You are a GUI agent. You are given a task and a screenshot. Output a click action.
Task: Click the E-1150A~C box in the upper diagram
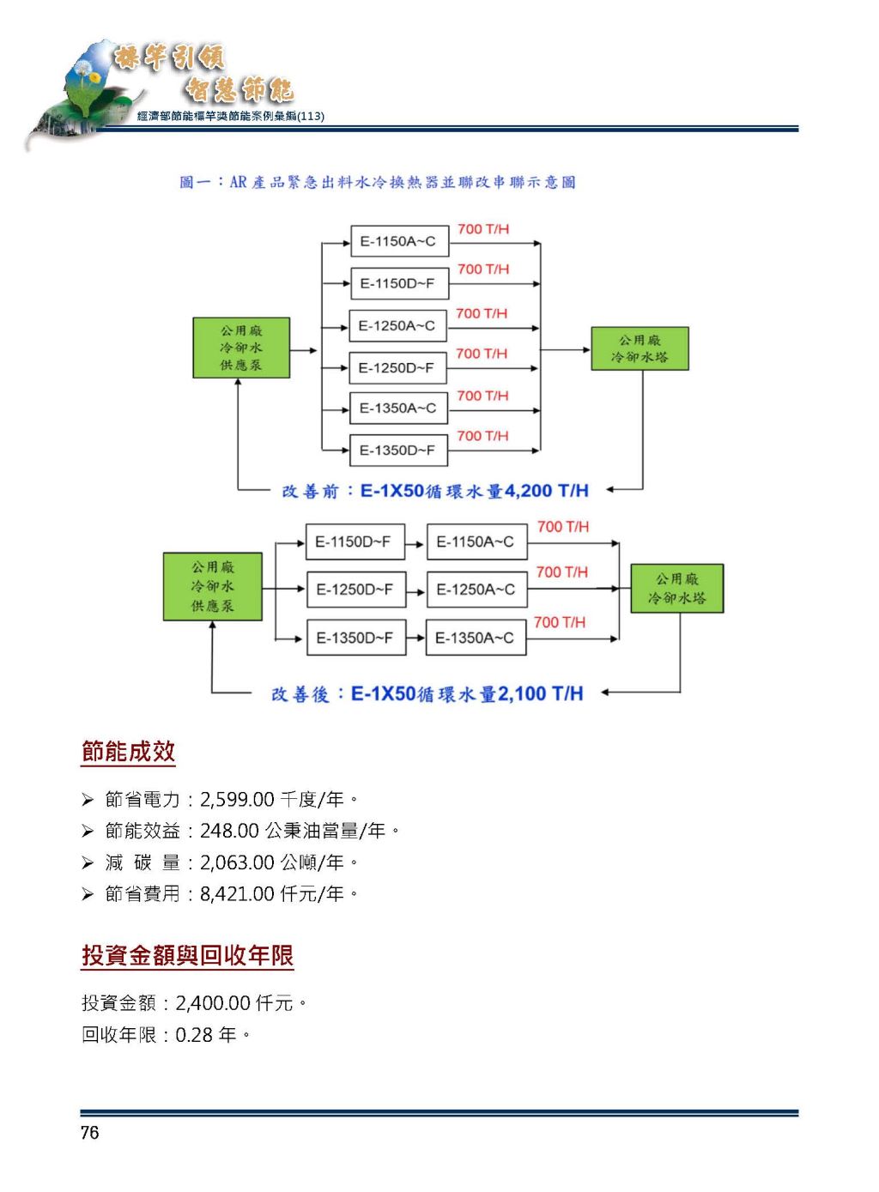pos(399,241)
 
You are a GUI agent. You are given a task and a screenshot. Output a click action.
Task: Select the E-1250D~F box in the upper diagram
pos(397,367)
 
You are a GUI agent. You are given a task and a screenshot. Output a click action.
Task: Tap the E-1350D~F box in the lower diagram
pos(356,637)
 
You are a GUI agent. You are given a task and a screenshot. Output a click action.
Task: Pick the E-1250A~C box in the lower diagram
pos(477,590)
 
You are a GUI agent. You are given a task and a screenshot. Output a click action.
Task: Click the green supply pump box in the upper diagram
pos(241,348)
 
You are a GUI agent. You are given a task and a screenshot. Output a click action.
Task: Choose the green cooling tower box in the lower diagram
pos(676,588)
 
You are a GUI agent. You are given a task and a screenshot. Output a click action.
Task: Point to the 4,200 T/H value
pos(547,491)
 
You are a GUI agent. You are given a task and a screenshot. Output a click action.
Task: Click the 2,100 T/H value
pos(541,693)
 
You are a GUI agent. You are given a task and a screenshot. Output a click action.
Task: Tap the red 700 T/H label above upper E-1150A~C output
pos(483,229)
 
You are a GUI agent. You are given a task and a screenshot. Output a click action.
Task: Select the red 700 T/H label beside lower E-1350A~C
pos(560,622)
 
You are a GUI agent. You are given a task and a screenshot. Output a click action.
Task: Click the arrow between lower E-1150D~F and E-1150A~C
pos(415,544)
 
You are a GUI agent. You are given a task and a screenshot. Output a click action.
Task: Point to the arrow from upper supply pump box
pos(304,350)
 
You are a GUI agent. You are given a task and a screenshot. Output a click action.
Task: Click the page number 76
pos(90,1133)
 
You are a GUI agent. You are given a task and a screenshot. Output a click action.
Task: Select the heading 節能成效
pos(128,752)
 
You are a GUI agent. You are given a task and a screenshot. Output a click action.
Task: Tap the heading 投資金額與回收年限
pos(187,955)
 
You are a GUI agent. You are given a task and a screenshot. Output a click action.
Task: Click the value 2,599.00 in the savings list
pos(237,799)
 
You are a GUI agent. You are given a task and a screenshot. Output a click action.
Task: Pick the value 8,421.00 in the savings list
pos(237,894)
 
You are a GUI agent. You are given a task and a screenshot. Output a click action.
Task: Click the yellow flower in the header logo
pos(94,78)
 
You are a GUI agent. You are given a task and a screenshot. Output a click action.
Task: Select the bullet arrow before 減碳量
pos(88,862)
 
